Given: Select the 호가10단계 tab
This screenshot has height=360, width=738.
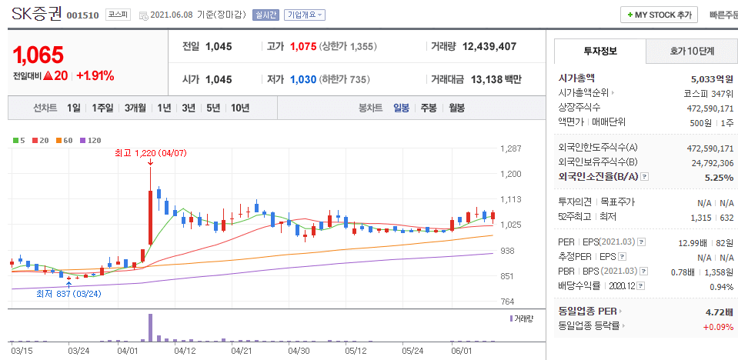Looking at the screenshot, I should (690, 52).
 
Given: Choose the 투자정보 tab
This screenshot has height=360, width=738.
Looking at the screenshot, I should (599, 52).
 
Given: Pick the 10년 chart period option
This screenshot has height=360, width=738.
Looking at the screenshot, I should (239, 108).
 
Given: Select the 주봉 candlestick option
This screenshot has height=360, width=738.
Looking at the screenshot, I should (429, 108).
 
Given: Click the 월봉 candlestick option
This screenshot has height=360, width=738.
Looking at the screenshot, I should (456, 108).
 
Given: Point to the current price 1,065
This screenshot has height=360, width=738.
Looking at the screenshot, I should (38, 55).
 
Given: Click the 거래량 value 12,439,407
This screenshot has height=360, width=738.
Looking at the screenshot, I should (489, 46).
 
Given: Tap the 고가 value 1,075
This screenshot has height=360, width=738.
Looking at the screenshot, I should (303, 46).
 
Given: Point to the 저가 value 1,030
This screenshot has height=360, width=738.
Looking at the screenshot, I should (303, 79).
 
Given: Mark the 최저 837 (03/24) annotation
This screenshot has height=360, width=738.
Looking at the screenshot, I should (68, 293).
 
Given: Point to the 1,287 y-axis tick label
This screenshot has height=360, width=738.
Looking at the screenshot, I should (512, 148).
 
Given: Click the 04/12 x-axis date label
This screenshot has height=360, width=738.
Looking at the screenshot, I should (185, 351).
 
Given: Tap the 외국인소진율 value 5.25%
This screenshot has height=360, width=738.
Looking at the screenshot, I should (718, 177).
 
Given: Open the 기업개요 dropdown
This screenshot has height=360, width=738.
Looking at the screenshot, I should (305, 15).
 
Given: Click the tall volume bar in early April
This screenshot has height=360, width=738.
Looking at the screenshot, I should (150, 328).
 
